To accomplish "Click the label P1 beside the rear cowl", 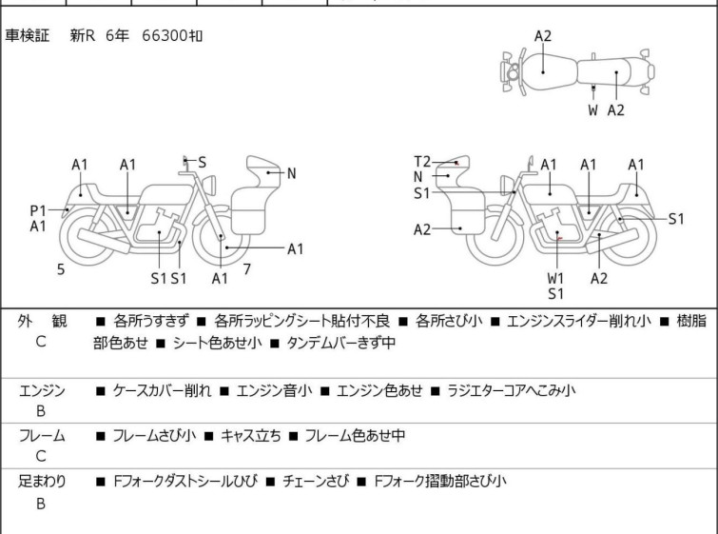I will tap(38, 209).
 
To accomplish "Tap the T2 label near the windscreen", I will tap(422, 161).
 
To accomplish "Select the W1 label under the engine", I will tap(556, 278).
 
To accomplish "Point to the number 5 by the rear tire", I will tap(61, 270).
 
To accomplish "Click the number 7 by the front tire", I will tap(246, 269).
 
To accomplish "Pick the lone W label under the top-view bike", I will tap(592, 110).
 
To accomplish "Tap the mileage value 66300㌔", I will tap(171, 35).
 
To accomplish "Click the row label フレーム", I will tap(42, 436).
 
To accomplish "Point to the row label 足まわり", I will tap(43, 482).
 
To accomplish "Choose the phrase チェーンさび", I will tap(316, 482).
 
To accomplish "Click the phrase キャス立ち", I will tap(250, 436).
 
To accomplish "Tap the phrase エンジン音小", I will tap(274, 390).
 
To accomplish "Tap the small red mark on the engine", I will tap(562, 238).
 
